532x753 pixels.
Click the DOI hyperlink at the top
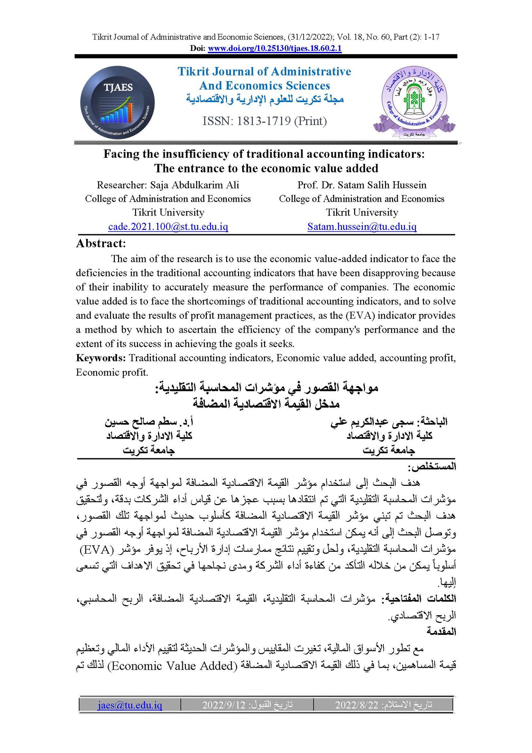click(275, 49)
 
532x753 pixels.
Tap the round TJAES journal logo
click(117, 102)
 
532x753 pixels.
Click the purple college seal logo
click(414, 102)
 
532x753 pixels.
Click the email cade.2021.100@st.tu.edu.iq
click(168, 227)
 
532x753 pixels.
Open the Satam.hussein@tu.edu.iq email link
click(362, 227)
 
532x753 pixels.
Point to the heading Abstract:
click(101, 244)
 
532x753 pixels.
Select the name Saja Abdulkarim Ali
click(195, 185)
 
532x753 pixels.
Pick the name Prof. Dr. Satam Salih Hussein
click(362, 185)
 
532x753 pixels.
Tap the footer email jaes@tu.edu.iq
click(130, 705)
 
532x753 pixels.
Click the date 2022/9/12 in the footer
click(223, 705)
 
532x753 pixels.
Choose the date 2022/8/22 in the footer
click(356, 705)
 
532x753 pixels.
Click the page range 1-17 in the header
click(431, 37)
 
